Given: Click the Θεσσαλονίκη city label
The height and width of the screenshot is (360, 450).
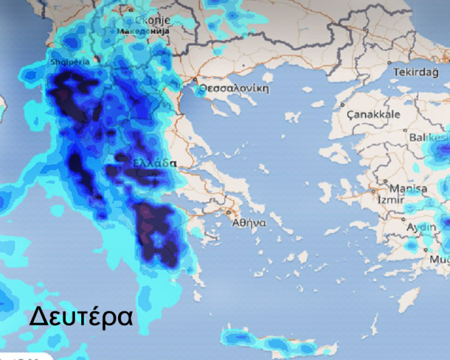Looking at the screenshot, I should pos(234,88).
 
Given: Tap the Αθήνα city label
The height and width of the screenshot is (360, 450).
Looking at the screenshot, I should pos(249,223).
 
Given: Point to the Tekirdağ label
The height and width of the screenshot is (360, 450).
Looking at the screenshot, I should pos(416,73).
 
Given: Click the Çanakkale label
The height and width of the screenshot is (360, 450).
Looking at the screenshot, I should pos(373,114).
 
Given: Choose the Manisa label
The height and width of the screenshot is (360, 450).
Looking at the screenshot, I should pos(408,188).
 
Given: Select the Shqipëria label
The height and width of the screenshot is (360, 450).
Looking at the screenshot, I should pos(70,62).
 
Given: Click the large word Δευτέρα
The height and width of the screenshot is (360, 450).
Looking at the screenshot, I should pos(81,317).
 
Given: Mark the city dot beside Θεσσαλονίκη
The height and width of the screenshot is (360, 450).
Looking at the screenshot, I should pos(195,80).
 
